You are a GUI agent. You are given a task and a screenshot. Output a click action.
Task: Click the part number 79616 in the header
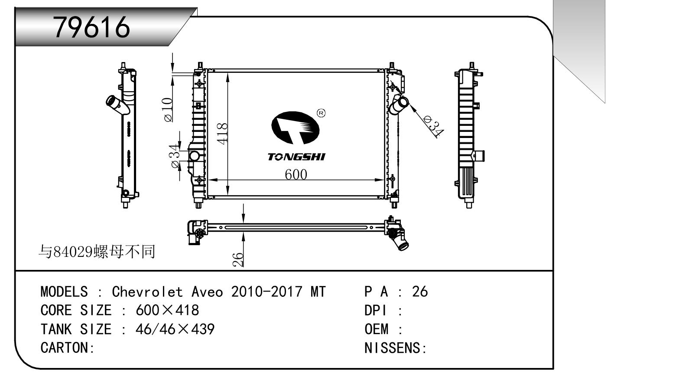pos(91,27)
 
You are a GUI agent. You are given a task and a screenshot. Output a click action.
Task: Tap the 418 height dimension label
pos(222,134)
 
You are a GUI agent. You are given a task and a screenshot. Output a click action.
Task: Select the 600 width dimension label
pos(296,174)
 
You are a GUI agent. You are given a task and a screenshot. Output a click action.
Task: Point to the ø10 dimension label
pos(168,110)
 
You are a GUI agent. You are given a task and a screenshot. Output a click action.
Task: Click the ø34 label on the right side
pos(433,127)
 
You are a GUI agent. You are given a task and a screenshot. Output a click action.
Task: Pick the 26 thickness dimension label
pos(238,259)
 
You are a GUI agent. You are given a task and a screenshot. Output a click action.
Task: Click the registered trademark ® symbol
pos(321,113)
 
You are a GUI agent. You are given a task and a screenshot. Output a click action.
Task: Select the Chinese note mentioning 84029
pos(97,252)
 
